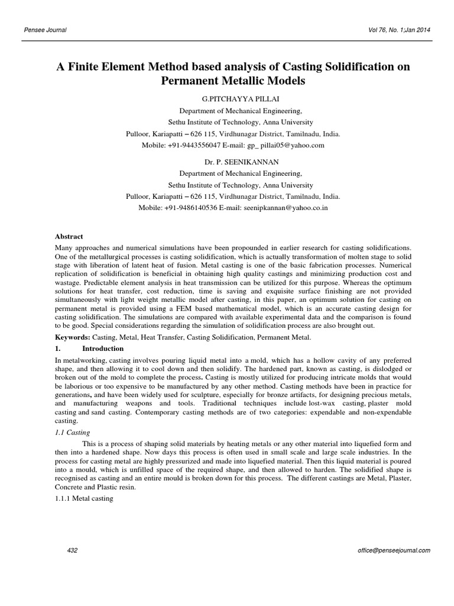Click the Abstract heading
coord(69,236)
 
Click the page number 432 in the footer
coord(73,550)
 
